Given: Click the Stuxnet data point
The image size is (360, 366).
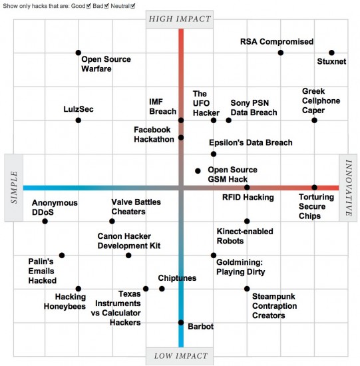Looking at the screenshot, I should [331, 53].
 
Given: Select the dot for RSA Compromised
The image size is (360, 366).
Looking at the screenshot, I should [281, 53].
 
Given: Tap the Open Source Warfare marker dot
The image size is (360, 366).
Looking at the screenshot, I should [79, 53].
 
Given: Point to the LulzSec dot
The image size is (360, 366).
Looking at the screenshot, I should [79, 120].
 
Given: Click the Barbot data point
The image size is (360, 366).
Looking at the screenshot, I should [180, 323].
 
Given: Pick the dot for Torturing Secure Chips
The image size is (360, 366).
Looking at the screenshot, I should [315, 188].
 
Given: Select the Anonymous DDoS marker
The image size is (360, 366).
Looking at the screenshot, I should [45, 221].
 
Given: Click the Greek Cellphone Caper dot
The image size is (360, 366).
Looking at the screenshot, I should [315, 120].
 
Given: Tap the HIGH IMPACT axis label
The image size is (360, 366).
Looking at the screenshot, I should [180, 19].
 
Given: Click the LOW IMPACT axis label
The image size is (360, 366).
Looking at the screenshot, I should [180, 355].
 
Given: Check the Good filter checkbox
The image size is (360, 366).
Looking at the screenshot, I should [90, 5].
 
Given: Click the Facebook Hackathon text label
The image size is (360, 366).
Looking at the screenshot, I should [154, 134].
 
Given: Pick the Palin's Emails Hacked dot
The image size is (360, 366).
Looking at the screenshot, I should [62, 255].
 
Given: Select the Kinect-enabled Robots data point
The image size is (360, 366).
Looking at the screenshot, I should [247, 221].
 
